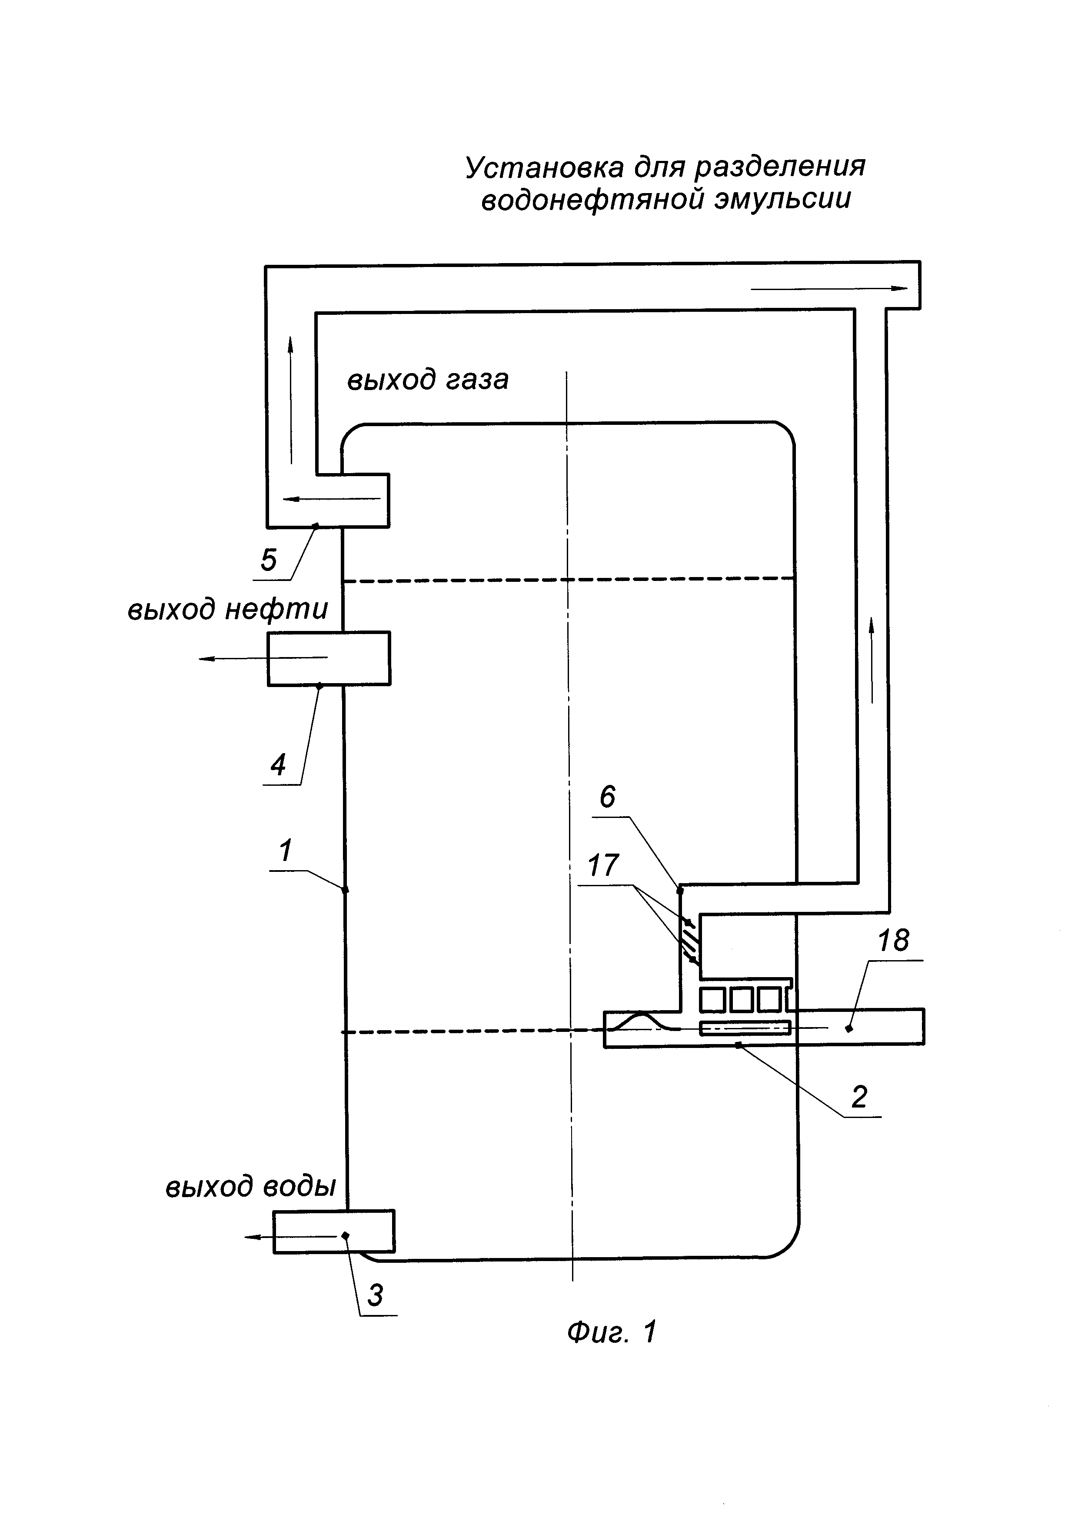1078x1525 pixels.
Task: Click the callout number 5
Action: pyautogui.click(x=268, y=560)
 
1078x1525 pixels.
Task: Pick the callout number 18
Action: pyautogui.click(x=893, y=941)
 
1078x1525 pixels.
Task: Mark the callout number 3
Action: pyautogui.click(x=375, y=1295)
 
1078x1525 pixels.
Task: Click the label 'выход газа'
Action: pyautogui.click(x=427, y=380)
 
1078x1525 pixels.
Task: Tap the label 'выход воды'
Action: pyautogui.click(x=250, y=1186)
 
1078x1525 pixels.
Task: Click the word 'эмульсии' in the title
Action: pyautogui.click(x=782, y=199)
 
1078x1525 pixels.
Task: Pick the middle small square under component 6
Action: pyautogui.click(x=742, y=1000)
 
